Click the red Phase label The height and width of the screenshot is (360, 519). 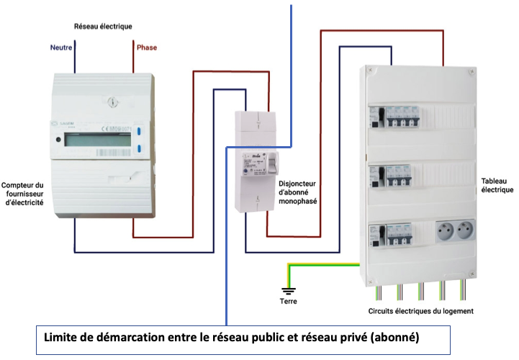click(146, 48)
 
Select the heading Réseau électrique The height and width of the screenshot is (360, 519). click(103, 27)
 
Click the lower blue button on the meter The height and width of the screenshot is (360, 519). click(138, 150)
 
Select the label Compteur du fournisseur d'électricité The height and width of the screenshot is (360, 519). click(23, 194)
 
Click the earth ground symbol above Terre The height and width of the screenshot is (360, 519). click(287, 291)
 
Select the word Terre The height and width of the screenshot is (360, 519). click(287, 302)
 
